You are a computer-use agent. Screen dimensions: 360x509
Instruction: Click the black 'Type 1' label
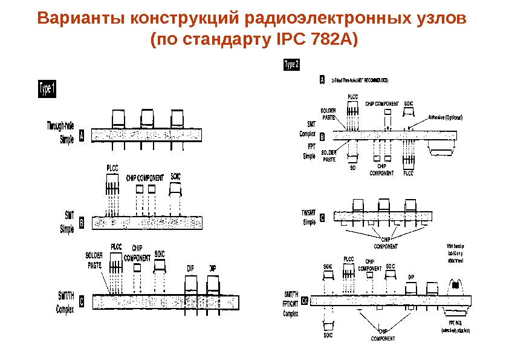[x=48, y=89]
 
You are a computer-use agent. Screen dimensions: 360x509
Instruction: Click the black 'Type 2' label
[x=291, y=65]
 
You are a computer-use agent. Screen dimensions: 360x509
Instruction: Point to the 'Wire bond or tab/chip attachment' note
[x=457, y=252]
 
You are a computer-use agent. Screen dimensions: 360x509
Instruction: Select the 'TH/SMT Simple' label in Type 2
[x=309, y=217]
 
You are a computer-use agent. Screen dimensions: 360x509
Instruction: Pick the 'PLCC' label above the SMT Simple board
[x=113, y=168]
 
